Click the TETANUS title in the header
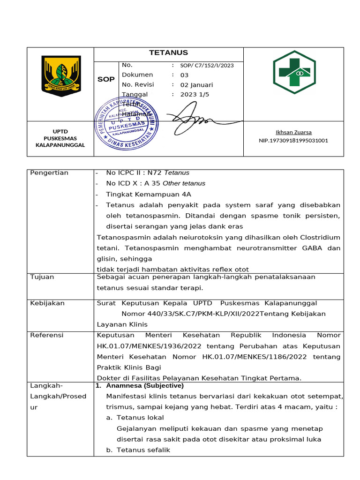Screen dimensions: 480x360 [x=168, y=53]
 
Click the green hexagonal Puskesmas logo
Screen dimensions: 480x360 [x=294, y=72]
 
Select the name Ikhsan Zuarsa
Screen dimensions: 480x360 [x=293, y=132]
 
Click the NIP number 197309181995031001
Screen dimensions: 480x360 [x=293, y=140]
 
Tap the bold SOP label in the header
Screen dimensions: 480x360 [x=106, y=79]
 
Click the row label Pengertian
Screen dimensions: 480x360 [x=49, y=173]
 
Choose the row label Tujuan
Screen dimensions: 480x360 [x=42, y=277]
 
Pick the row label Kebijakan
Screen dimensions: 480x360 [x=47, y=303]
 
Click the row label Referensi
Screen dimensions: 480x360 [x=47, y=335]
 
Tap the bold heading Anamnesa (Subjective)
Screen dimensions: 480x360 [x=145, y=386]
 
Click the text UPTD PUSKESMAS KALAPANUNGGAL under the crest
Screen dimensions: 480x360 [x=60, y=139]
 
